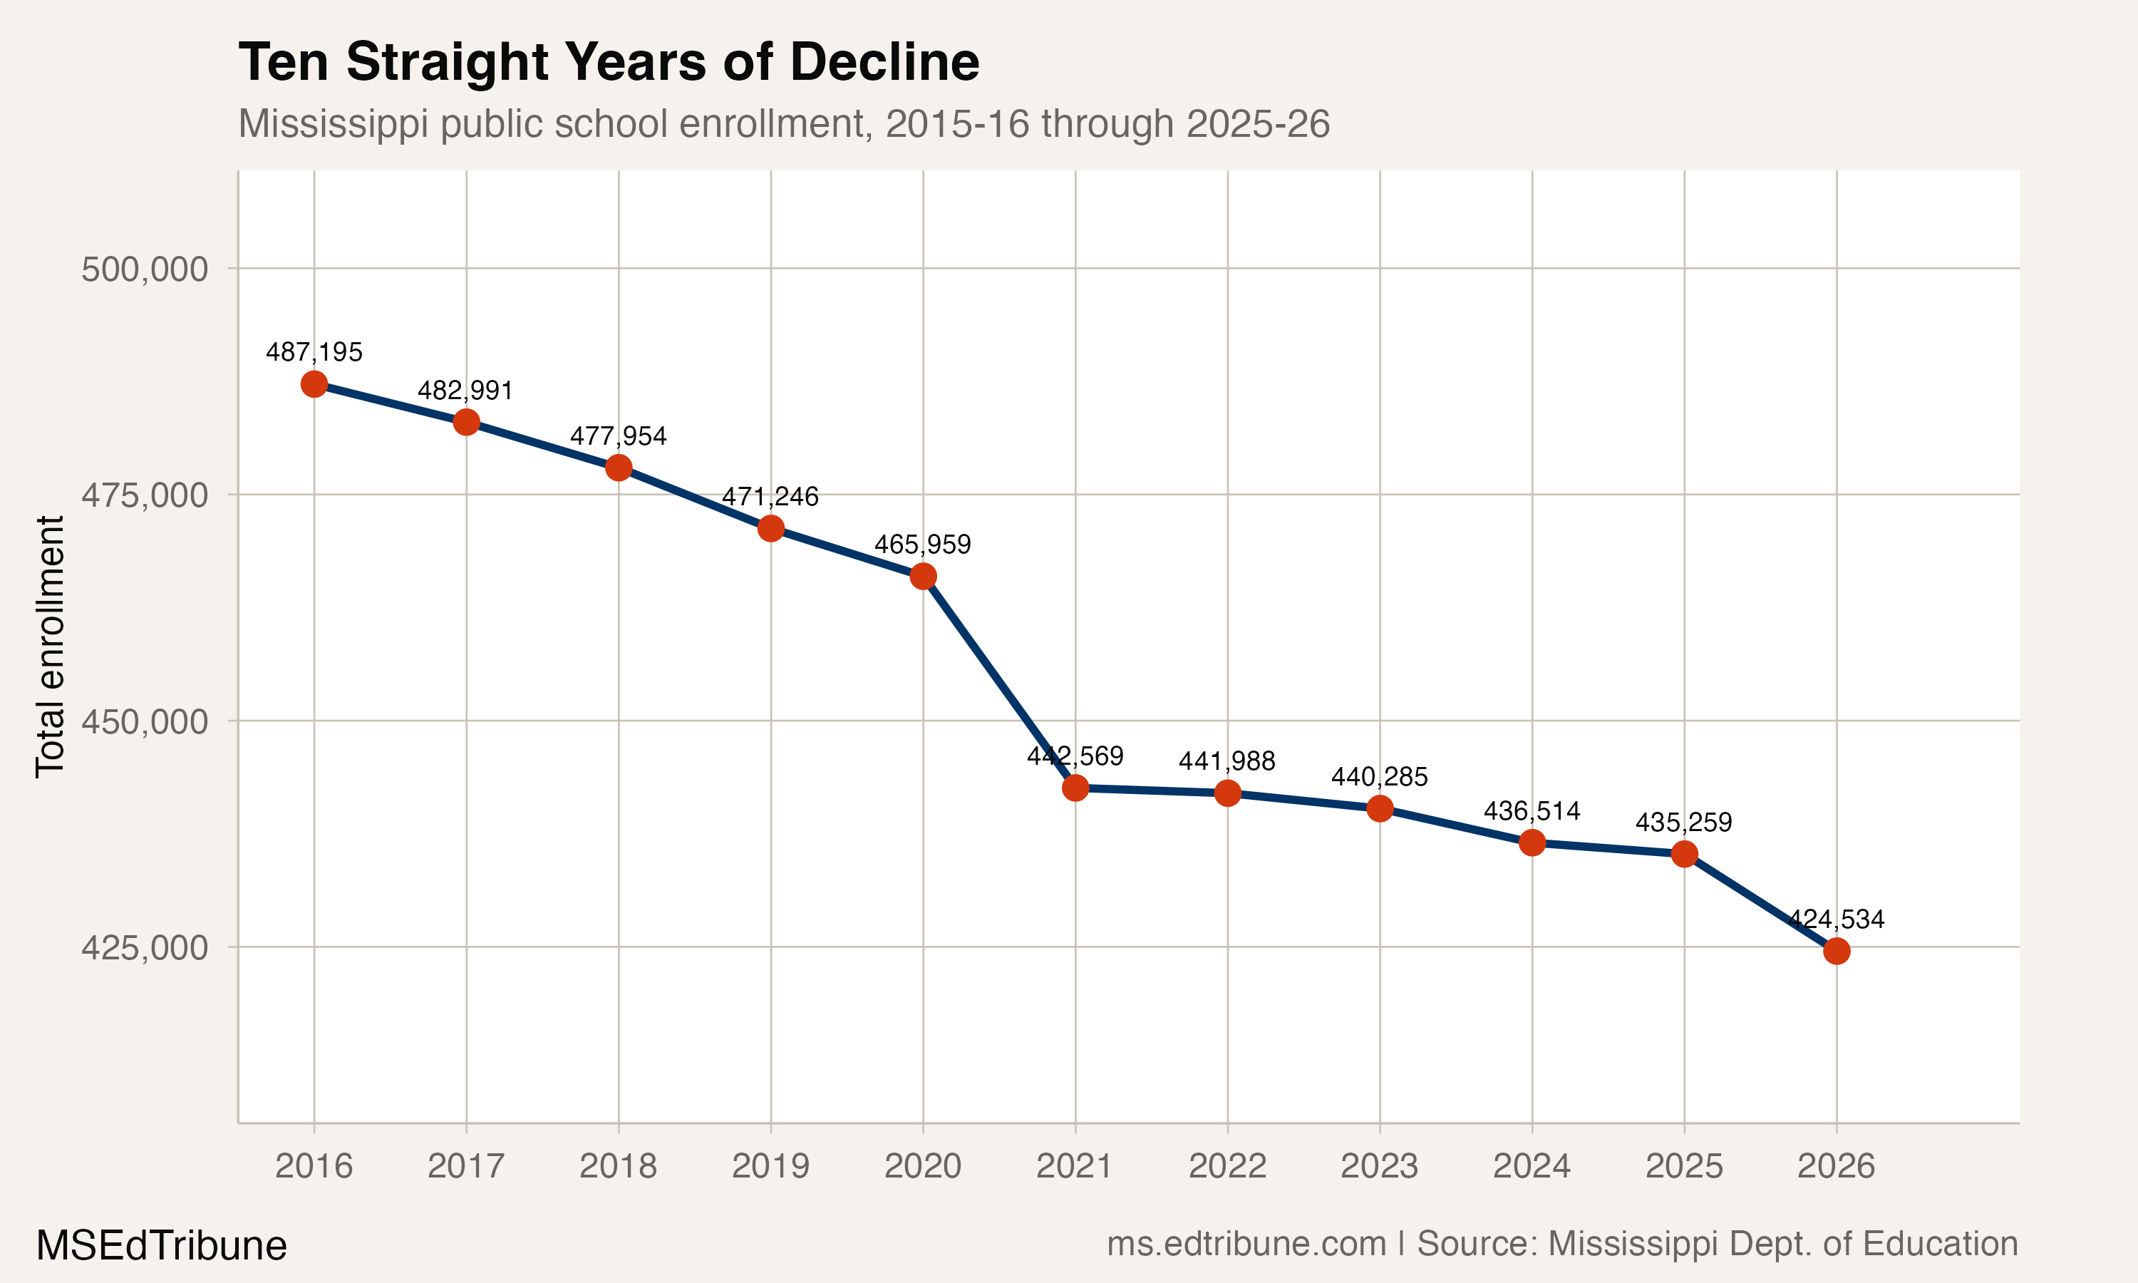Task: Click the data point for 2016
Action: pos(314,384)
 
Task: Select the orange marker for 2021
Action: pos(1075,788)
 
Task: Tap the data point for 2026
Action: pos(1837,951)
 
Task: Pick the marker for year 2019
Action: pos(771,528)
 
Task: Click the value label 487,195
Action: pos(314,352)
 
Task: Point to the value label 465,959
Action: pos(922,545)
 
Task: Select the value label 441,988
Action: pos(1227,761)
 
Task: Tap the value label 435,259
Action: pos(1683,823)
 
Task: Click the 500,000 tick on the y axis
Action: pos(145,269)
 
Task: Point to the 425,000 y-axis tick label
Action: pos(145,947)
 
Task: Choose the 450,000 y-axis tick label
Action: pos(145,721)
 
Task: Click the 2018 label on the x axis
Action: pos(618,1166)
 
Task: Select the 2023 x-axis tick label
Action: pos(1379,1166)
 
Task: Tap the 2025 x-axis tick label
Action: pos(1683,1166)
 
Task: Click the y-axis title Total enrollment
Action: pos(50,646)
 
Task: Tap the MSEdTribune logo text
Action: pos(162,1246)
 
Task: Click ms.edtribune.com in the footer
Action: pos(1246,1244)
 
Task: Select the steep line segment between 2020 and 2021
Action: pos(999,682)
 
